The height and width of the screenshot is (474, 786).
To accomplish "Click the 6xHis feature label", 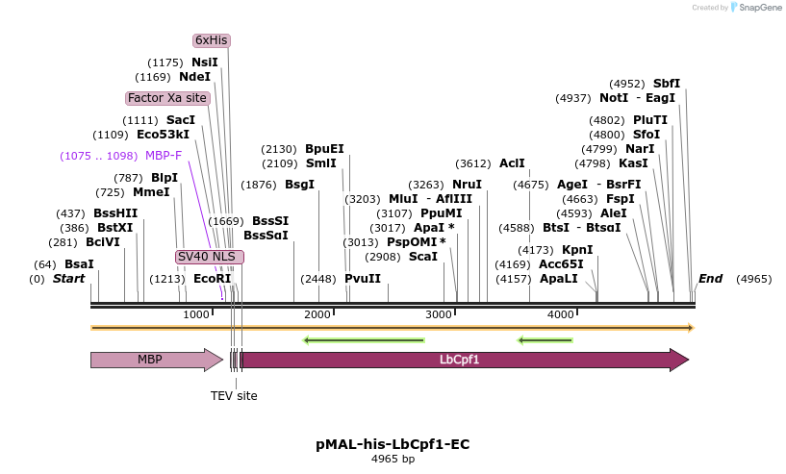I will [211, 40].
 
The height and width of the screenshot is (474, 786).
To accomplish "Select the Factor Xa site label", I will [166, 98].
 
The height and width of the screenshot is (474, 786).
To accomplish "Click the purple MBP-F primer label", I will [164, 155].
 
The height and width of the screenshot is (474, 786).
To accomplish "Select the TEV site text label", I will [234, 395].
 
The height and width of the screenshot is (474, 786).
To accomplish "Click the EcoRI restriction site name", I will [213, 279].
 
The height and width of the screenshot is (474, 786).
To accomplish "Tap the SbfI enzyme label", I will [667, 84].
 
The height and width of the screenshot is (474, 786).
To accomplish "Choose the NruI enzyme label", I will [467, 185].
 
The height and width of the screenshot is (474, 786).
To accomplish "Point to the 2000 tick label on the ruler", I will [317, 315].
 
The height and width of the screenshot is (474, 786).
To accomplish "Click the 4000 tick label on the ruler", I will [561, 315].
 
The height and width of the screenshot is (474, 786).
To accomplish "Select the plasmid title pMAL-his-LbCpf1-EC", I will [393, 444].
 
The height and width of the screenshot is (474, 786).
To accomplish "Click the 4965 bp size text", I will [393, 460].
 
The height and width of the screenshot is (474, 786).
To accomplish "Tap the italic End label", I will [710, 279].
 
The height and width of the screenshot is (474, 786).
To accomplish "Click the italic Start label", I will [68, 279].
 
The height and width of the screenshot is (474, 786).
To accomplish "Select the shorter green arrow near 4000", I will [545, 339].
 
